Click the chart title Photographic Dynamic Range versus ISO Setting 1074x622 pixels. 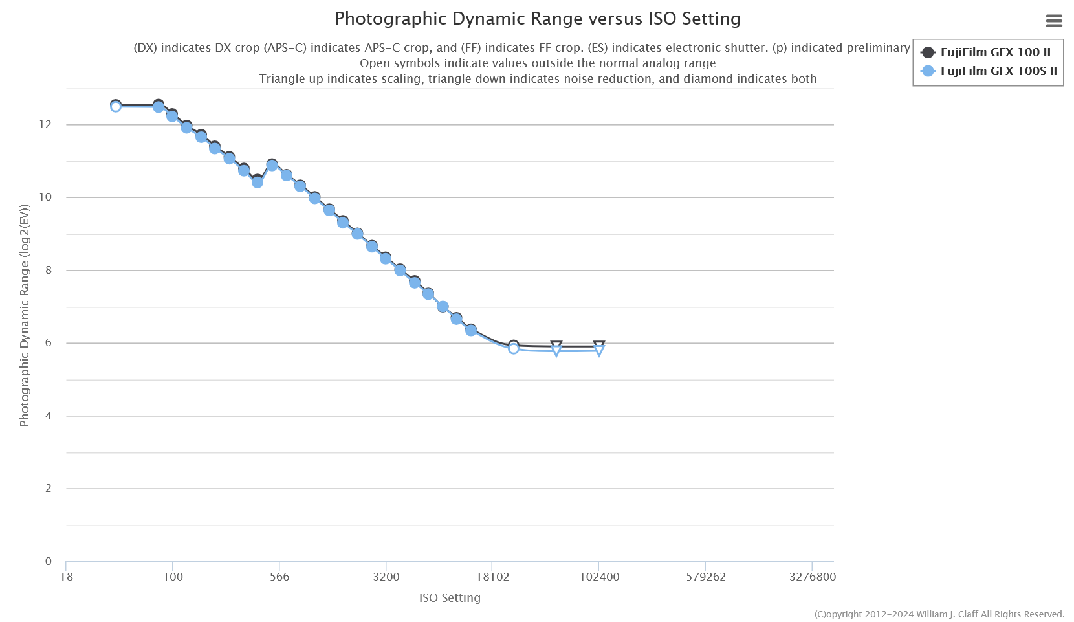(537, 19)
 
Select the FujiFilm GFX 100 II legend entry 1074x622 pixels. (995, 52)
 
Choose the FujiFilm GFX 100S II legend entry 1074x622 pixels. (998, 71)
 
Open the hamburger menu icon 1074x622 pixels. (1054, 21)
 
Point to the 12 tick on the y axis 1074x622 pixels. (45, 124)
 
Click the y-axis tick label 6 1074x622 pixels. (49, 343)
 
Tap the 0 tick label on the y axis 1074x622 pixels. (49, 561)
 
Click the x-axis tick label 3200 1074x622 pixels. (386, 577)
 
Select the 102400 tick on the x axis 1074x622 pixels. (599, 577)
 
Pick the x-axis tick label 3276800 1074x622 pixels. (812, 577)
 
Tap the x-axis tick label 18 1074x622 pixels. (67, 577)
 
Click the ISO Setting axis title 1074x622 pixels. (450, 598)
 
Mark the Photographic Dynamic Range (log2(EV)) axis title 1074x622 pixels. (25, 316)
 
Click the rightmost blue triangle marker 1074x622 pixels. (599, 351)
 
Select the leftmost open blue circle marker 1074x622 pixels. (116, 107)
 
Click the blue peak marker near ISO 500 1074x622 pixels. (272, 166)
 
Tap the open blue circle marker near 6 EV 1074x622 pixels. (514, 349)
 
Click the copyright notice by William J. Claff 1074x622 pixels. (939, 614)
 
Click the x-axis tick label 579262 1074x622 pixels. (706, 577)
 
